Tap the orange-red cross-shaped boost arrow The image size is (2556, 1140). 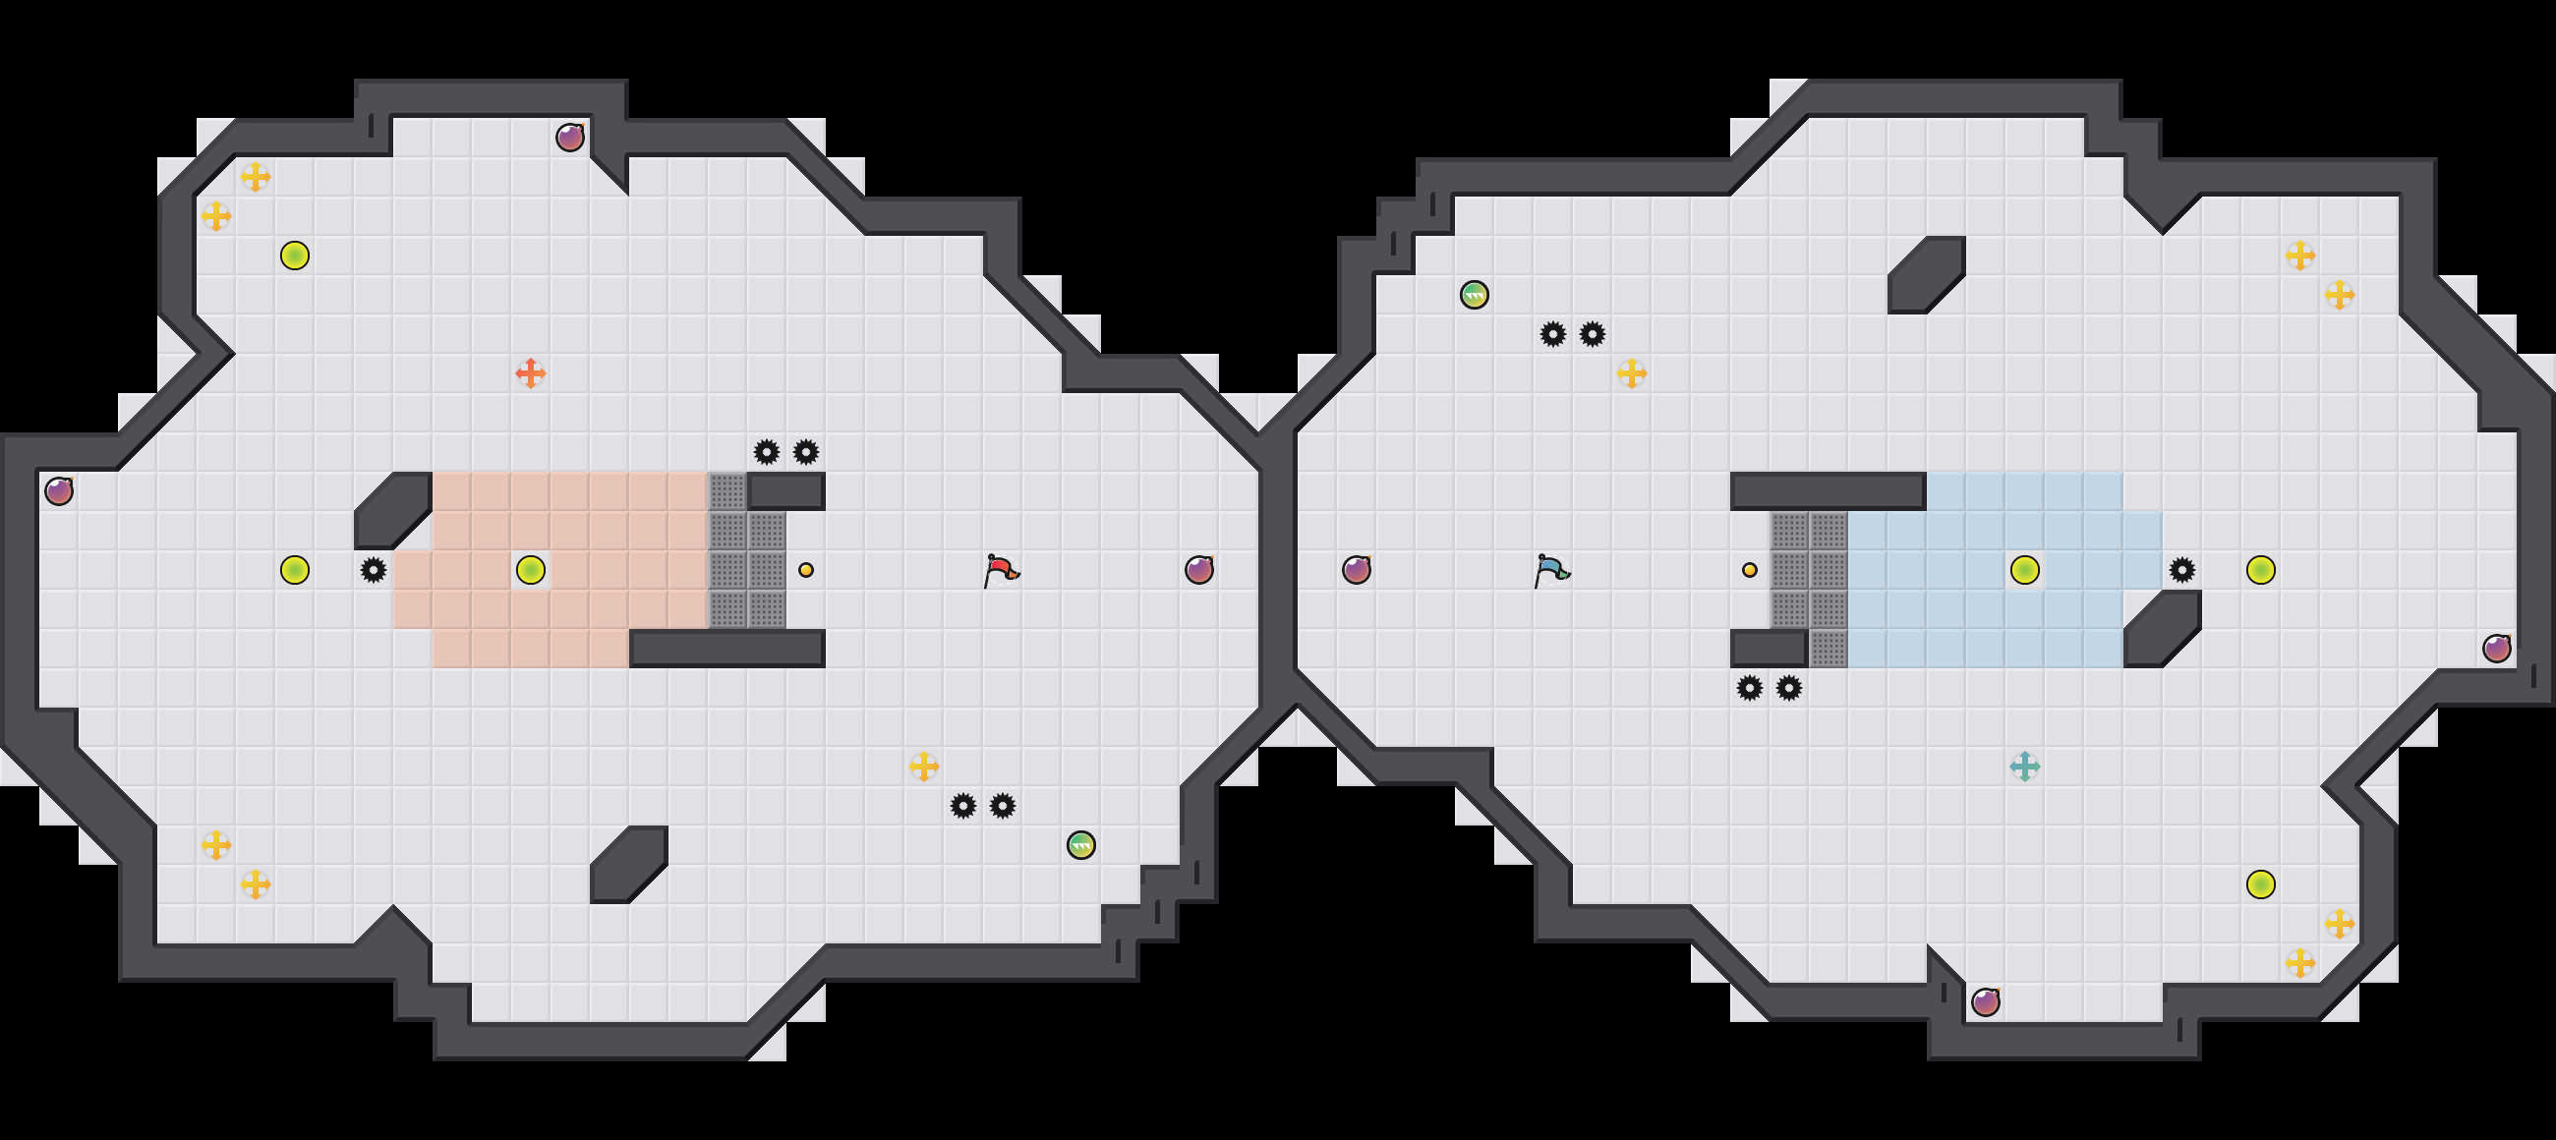point(530,373)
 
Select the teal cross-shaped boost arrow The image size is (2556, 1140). point(2024,766)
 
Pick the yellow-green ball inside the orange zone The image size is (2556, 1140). point(530,569)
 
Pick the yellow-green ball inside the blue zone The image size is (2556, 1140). point(2024,569)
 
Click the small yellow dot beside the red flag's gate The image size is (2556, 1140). point(806,569)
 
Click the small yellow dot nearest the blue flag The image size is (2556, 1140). point(1749,569)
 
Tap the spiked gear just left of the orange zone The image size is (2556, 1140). point(374,569)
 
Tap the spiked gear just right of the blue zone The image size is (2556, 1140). point(2180,569)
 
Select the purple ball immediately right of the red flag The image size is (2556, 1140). point(1198,569)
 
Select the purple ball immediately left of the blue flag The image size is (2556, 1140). point(1357,569)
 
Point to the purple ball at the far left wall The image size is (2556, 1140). point(59,490)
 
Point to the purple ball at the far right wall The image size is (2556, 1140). point(2496,648)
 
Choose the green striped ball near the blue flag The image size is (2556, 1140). point(1474,295)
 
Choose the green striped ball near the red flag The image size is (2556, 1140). point(1080,844)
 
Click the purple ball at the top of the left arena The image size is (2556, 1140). point(569,137)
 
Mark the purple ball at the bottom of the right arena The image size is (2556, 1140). point(1986,1002)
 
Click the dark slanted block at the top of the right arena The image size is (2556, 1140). point(1926,274)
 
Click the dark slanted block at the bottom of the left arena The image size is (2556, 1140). point(628,864)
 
